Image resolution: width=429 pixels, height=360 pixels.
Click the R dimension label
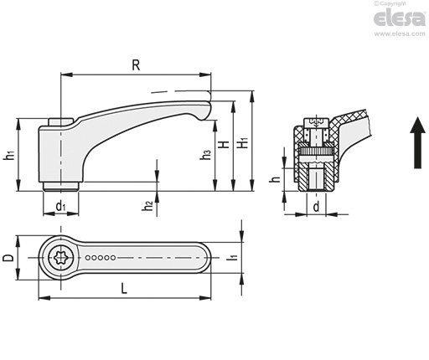pos(136,65)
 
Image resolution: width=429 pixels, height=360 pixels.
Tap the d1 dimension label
pos(60,207)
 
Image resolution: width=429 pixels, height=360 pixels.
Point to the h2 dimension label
pos(147,206)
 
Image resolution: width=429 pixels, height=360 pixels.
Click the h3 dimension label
pos(205,155)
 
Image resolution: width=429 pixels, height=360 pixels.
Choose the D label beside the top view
pos(8,258)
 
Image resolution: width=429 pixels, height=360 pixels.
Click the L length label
pos(124,288)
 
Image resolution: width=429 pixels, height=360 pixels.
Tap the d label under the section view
pos(316,207)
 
